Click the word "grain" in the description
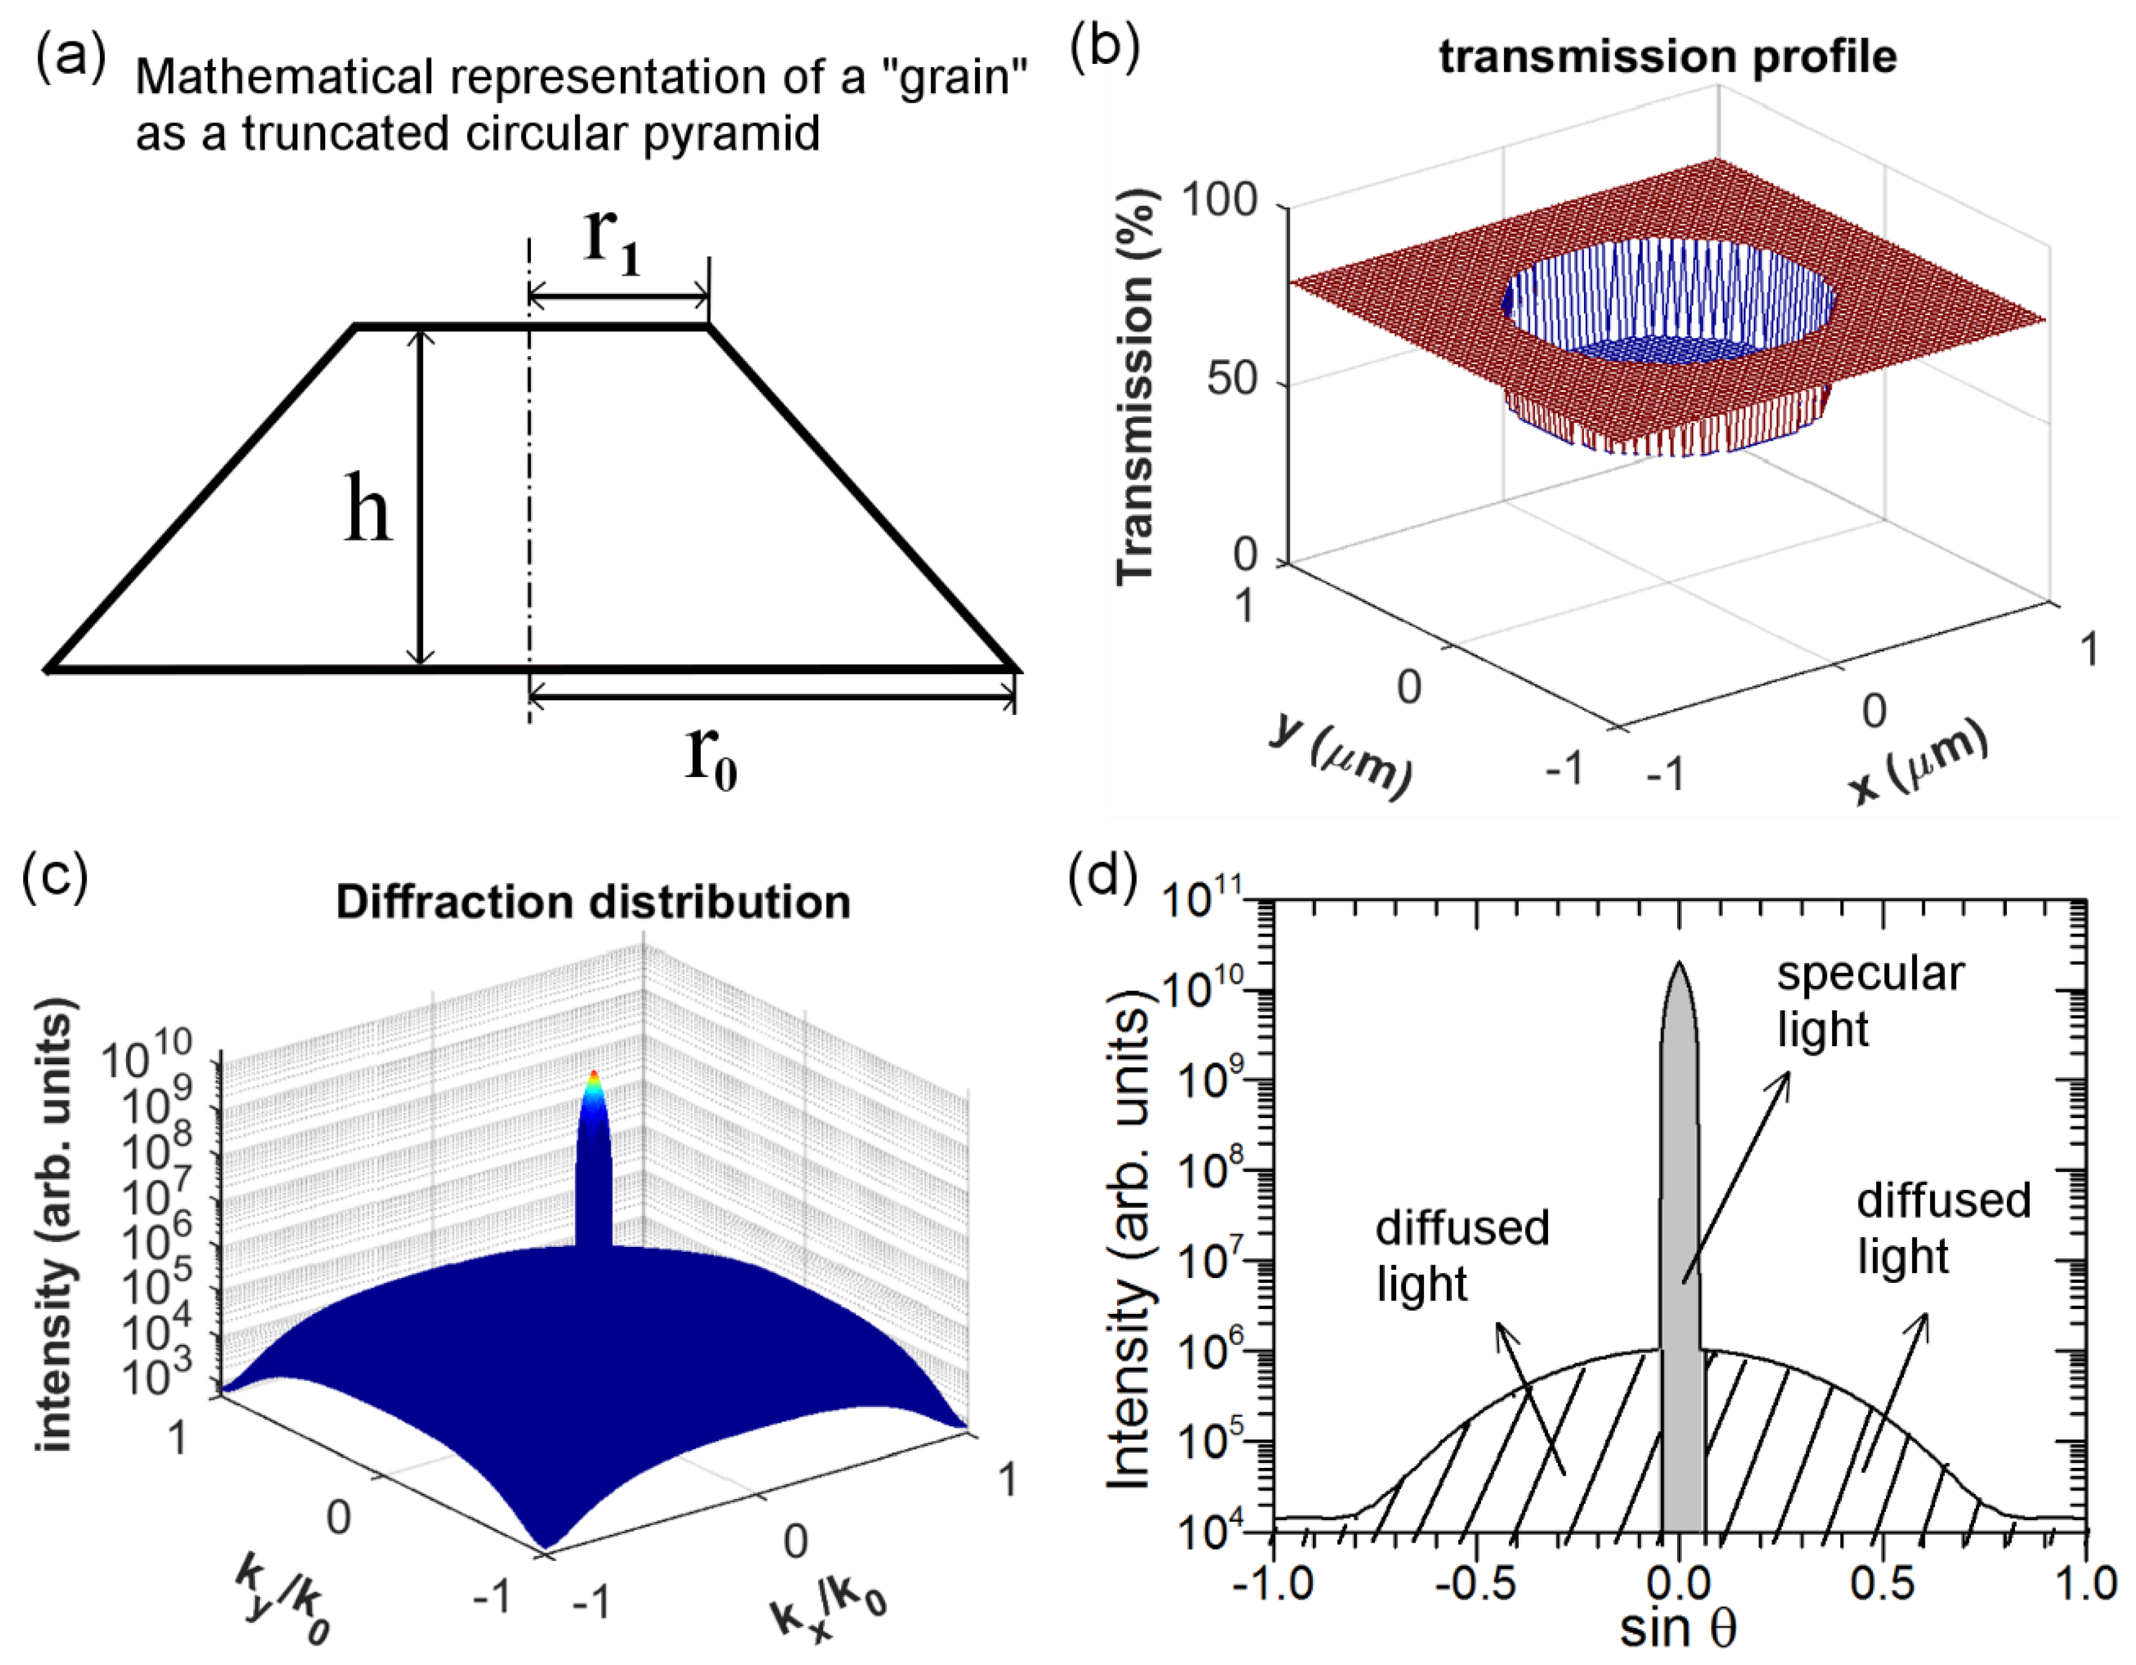point(954,76)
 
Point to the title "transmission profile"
point(1667,57)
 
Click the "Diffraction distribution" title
point(593,901)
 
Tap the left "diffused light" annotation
point(1462,1256)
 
